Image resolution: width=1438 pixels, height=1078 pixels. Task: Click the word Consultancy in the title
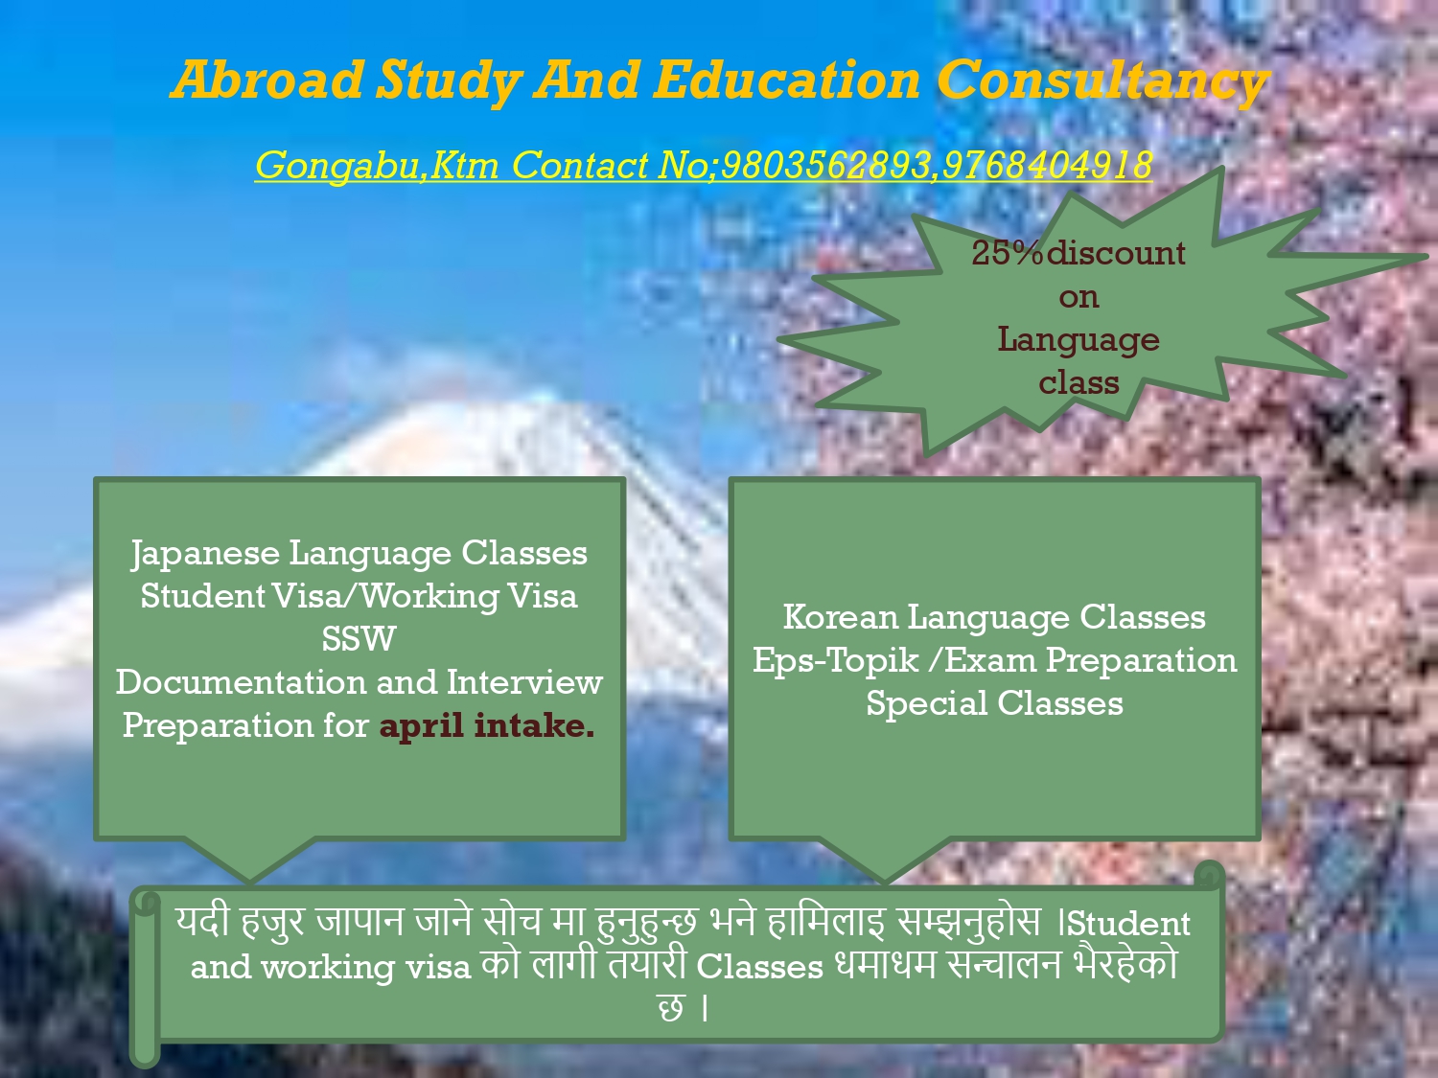tap(1102, 81)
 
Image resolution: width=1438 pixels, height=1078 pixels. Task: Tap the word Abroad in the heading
tap(267, 80)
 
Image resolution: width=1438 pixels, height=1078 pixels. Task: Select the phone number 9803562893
tap(824, 165)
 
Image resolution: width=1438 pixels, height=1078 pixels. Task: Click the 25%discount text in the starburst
tap(1078, 253)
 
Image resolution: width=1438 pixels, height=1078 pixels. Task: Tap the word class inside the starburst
tap(1078, 382)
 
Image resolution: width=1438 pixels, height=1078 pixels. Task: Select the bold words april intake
tap(487, 726)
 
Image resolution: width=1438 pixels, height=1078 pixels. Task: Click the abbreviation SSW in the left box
tap(359, 638)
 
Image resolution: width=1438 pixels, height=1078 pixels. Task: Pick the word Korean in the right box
tap(840, 617)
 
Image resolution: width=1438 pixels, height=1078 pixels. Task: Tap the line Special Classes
tap(994, 704)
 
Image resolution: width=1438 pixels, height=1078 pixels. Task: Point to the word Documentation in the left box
tap(241, 682)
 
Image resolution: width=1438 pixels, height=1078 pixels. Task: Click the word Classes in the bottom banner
tap(759, 967)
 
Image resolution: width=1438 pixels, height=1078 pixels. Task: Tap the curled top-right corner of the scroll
tap(1210, 876)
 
